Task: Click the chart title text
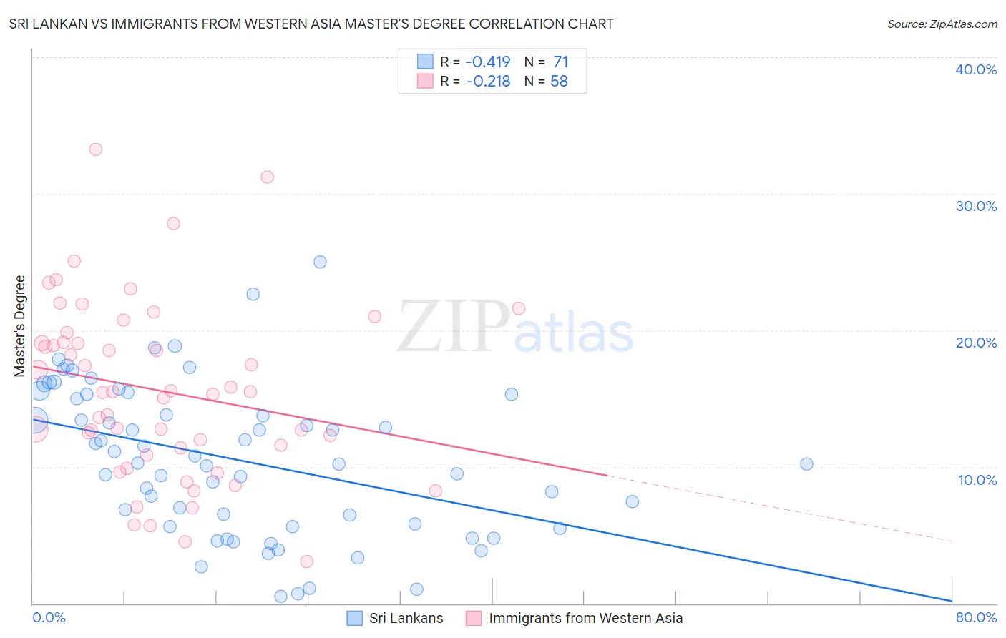(311, 24)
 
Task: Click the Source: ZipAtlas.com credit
(942, 24)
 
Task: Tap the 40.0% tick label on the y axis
(976, 69)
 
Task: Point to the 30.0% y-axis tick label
(976, 206)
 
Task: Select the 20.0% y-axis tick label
(976, 343)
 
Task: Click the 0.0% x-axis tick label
(49, 617)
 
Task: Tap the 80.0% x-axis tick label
(976, 617)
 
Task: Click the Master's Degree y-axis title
(19, 326)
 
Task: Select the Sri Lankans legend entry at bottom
(406, 618)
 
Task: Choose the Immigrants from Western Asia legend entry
(585, 618)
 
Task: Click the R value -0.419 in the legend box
(488, 62)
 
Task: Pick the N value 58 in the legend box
(559, 82)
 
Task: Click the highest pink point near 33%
(95, 149)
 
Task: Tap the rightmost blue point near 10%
(806, 464)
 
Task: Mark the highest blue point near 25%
(320, 262)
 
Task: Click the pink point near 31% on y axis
(267, 177)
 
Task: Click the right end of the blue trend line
(951, 600)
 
